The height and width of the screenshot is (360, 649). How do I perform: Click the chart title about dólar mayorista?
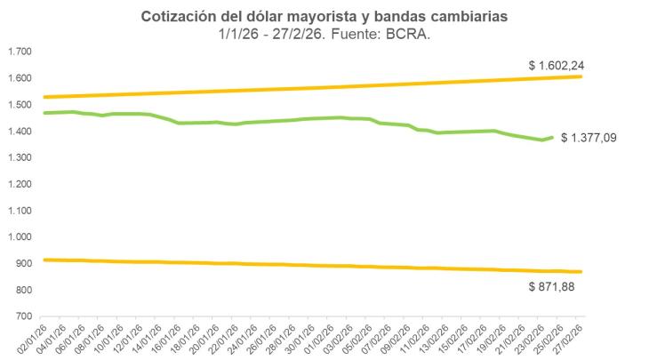tap(324, 17)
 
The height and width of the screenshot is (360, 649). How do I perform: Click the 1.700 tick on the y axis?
tap(19, 52)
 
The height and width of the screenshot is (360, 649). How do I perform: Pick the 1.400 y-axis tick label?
tap(19, 132)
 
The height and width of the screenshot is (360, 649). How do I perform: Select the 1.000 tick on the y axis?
tap(19, 237)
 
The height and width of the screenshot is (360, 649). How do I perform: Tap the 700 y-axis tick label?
tap(24, 317)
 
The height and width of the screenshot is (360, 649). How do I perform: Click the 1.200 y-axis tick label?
tap(19, 184)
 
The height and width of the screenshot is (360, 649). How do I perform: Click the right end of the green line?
tap(553, 137)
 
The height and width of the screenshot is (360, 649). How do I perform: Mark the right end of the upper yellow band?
tap(581, 76)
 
